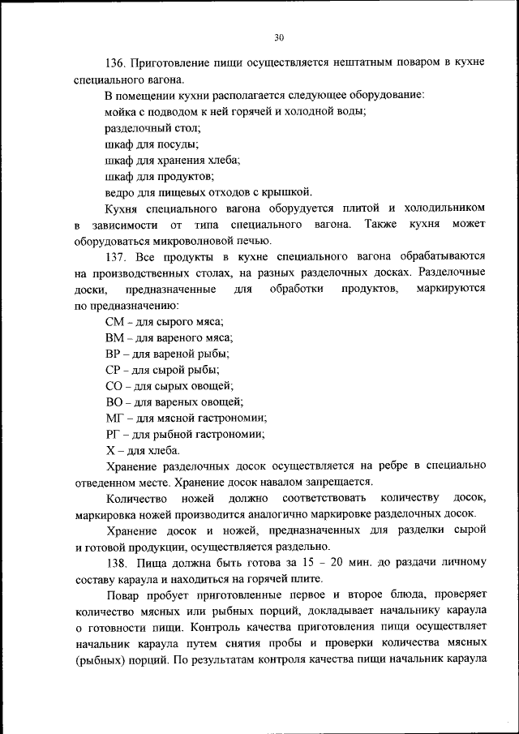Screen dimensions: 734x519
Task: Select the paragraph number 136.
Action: click(x=117, y=62)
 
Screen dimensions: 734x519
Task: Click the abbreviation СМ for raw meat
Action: click(x=114, y=322)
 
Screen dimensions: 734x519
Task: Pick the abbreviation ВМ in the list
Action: click(x=114, y=337)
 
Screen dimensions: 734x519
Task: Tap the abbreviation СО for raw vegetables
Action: click(x=114, y=385)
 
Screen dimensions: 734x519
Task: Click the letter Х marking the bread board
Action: click(x=109, y=450)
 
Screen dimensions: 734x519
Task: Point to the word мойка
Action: click(x=121, y=112)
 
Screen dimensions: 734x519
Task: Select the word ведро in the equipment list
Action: click(x=121, y=192)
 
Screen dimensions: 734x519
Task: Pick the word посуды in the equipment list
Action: click(x=179, y=144)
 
